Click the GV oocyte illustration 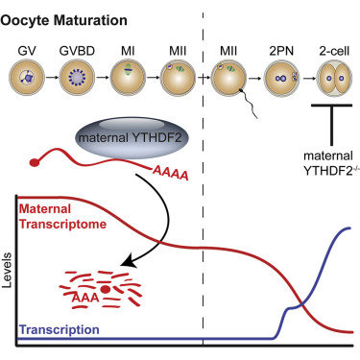click(x=29, y=78)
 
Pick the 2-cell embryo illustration click(x=335, y=78)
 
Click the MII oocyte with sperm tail click(x=233, y=79)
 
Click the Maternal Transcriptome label click(x=60, y=215)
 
